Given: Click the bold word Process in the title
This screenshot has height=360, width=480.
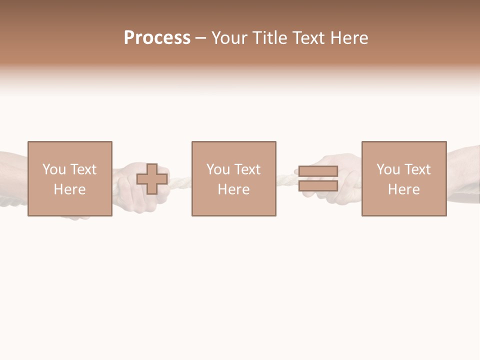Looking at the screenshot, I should click(157, 38).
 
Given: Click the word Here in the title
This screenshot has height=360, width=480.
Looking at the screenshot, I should click(349, 38).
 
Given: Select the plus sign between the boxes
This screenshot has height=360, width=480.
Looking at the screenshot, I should click(152, 179).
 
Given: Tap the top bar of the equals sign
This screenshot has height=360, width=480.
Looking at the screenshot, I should click(318, 171).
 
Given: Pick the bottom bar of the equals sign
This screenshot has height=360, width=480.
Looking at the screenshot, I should click(318, 186).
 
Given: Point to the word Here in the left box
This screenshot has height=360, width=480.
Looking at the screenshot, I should click(69, 189).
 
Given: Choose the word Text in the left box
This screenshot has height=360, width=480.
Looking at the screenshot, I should click(83, 169).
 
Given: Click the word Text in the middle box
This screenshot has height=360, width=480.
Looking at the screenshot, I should click(247, 169).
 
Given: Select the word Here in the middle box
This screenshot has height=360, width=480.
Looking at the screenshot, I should click(233, 189).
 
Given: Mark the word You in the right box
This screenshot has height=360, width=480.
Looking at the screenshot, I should click(388, 169).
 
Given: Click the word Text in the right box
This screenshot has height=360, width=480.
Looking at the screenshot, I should click(417, 169).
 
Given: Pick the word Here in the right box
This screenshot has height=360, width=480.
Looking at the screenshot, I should click(403, 189).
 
